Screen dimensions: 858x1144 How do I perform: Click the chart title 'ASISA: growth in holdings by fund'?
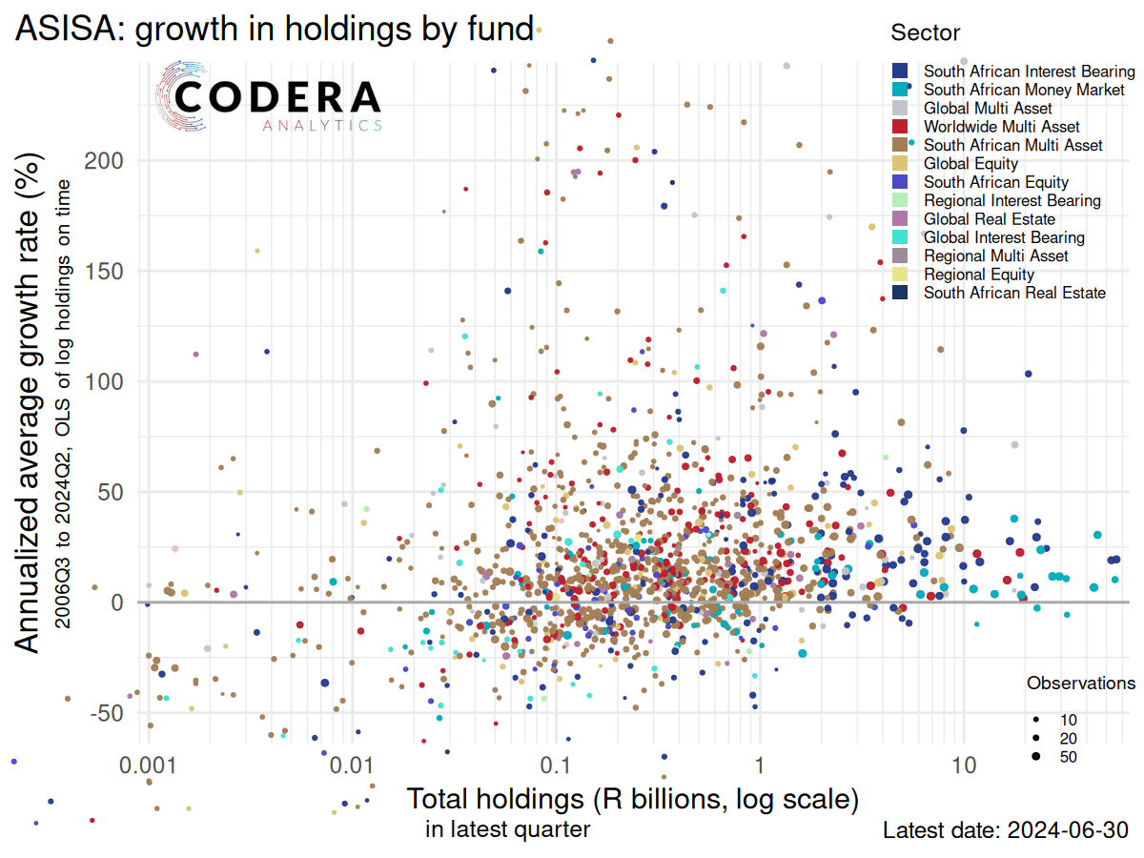click(x=273, y=30)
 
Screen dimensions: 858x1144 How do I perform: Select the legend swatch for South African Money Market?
click(x=899, y=90)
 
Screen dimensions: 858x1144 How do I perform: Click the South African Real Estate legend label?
click(x=1014, y=293)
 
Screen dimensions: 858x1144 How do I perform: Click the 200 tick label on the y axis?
click(x=103, y=160)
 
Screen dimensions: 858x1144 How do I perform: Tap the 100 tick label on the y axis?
click(x=103, y=381)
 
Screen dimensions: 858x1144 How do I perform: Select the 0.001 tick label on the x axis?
click(x=148, y=766)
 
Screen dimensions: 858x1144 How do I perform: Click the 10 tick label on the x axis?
click(x=964, y=766)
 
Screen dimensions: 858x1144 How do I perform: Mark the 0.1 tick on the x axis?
click(x=556, y=766)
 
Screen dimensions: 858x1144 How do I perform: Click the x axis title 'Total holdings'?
click(x=633, y=799)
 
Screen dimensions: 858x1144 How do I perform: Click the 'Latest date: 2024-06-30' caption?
click(x=1006, y=830)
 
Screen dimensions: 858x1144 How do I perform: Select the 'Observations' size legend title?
click(x=1080, y=684)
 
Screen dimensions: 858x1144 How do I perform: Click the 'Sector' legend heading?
click(x=925, y=32)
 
